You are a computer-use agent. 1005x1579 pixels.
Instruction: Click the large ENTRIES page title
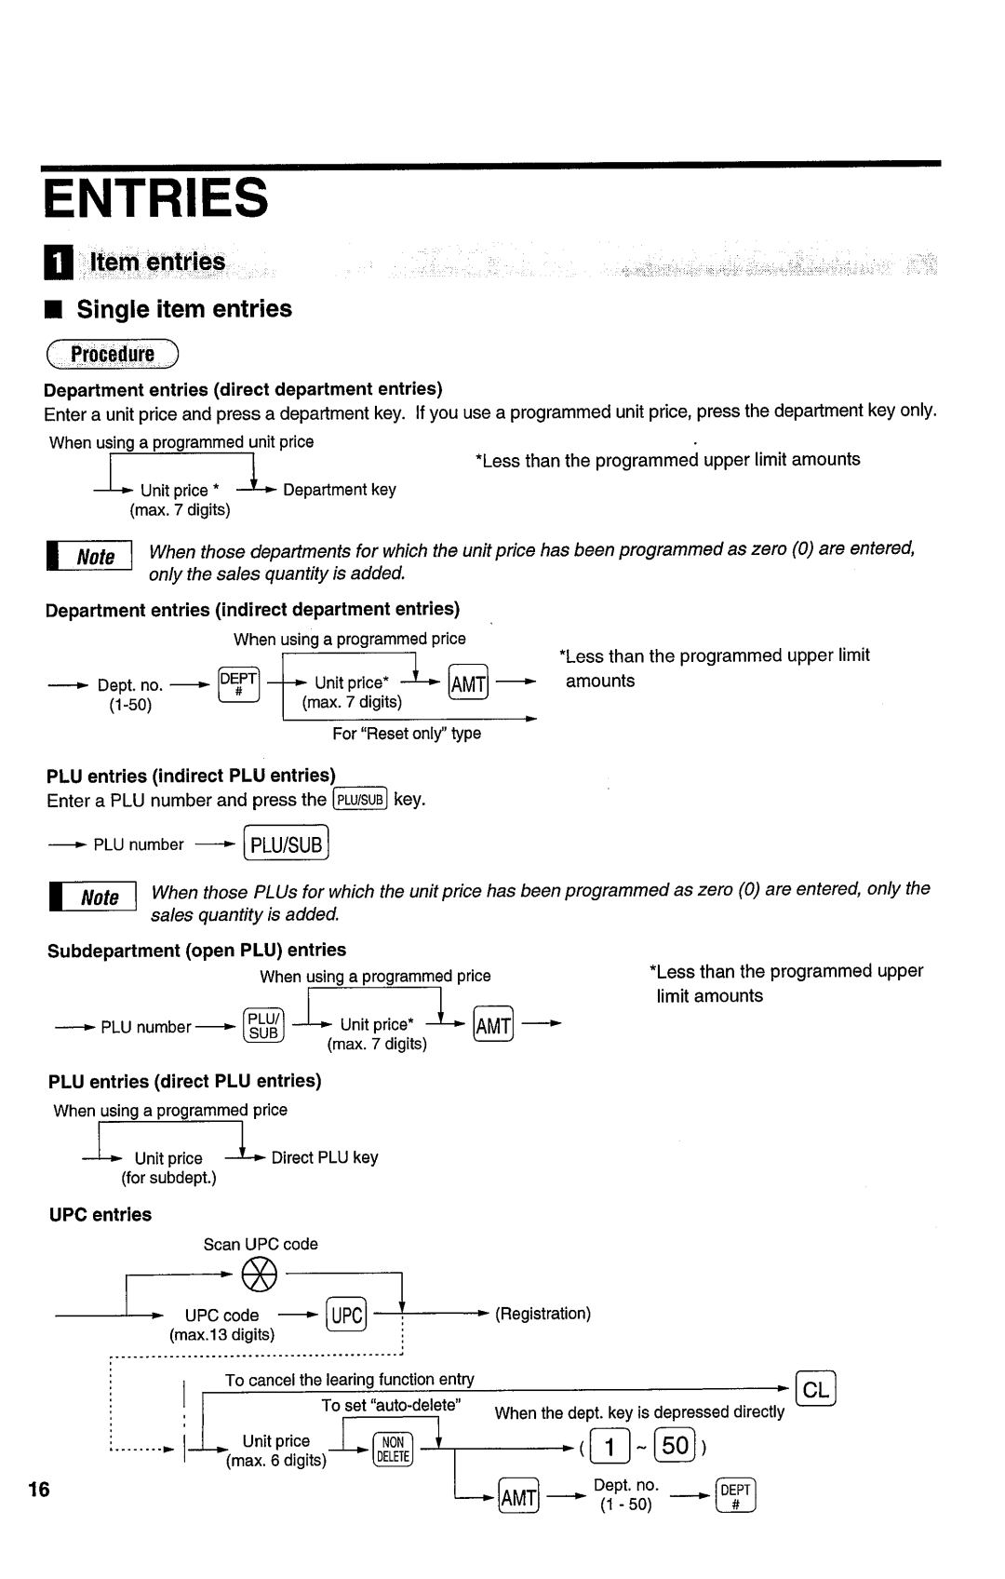[x=156, y=199]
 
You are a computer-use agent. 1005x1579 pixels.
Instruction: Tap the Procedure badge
[x=113, y=355]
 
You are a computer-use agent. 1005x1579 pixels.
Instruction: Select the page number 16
[x=39, y=1490]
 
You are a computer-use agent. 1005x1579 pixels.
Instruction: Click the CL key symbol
[x=816, y=1390]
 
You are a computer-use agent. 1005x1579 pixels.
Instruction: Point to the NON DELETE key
[x=393, y=1450]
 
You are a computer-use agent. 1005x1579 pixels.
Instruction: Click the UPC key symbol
[x=346, y=1315]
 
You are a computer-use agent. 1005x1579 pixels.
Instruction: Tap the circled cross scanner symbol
[x=259, y=1273]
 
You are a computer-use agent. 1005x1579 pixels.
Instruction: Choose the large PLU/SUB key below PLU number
[x=286, y=844]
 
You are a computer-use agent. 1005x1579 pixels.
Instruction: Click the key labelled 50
[x=676, y=1446]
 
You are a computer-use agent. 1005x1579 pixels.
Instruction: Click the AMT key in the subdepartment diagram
[x=493, y=1025]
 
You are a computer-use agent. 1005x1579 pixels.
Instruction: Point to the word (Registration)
[x=543, y=1314]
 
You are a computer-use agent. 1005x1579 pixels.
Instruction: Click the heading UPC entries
[x=100, y=1215]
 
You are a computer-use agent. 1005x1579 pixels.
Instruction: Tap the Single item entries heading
[x=184, y=309]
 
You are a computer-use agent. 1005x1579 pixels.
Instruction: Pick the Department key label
[x=340, y=490]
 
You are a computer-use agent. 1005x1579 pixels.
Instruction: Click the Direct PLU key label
[x=325, y=1157]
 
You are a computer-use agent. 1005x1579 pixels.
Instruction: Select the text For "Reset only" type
[x=407, y=734]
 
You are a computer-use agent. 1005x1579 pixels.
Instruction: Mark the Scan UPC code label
[x=261, y=1244]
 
